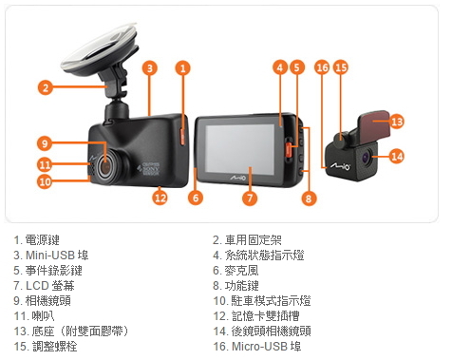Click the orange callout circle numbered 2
46,87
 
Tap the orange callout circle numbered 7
250,199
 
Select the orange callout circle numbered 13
397,122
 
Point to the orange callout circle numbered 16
322,67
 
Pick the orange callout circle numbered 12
160,198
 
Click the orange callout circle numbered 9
45,143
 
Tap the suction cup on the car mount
99,49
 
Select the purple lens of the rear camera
367,157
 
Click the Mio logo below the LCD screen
237,178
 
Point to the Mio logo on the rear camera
341,165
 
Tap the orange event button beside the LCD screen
289,149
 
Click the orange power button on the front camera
182,136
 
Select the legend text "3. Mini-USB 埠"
51,256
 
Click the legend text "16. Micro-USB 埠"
257,347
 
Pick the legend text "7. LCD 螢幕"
44,286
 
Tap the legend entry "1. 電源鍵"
36,240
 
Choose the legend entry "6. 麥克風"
235,271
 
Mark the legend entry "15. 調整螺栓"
46,347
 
